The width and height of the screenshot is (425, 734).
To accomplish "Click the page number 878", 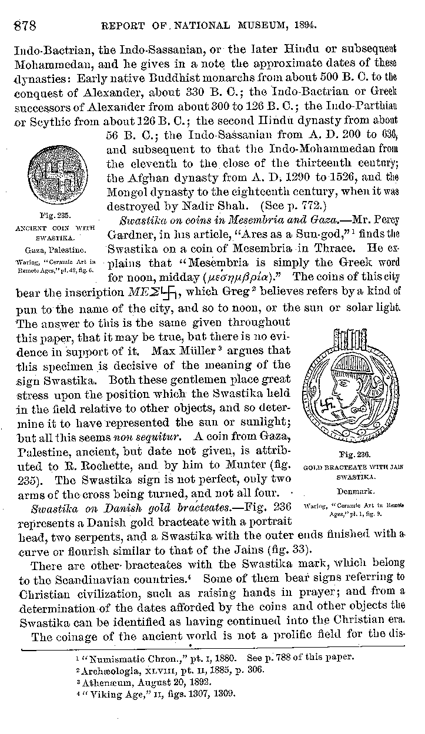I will (21, 26).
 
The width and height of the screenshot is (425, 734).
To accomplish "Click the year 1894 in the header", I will (304, 26).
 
